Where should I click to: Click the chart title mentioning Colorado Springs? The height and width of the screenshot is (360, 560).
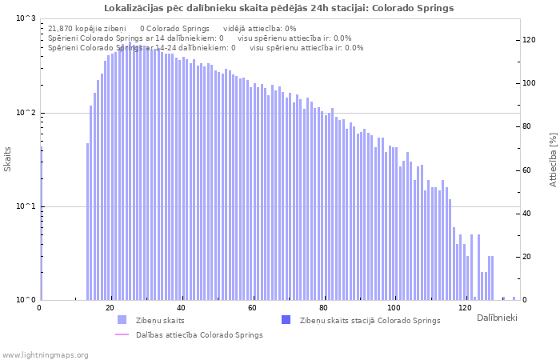tap(278, 8)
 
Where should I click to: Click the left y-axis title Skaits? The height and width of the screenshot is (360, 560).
tap(8, 159)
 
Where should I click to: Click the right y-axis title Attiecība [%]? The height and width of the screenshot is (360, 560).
tap(553, 159)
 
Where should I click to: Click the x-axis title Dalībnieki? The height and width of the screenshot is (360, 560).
tap(497, 318)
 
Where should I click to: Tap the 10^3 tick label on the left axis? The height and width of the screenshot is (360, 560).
tap(26, 18)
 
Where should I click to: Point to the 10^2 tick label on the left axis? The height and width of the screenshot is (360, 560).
tap(26, 113)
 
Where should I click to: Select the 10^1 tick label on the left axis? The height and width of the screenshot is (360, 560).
tap(26, 206)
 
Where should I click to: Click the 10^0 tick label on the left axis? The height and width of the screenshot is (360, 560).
tap(26, 300)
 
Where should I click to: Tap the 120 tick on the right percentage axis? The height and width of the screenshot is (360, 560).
tap(528, 40)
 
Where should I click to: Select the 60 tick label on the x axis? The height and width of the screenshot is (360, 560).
tap(252, 308)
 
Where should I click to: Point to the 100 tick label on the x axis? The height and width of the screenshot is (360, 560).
tap(394, 308)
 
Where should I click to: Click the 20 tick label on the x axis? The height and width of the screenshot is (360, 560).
tap(110, 308)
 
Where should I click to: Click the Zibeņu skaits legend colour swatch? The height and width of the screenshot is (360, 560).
tap(122, 320)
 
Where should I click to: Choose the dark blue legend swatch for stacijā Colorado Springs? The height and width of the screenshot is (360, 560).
tap(286, 320)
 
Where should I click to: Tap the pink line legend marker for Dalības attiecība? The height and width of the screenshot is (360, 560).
tap(122, 334)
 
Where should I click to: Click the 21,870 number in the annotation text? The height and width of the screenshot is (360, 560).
tap(62, 29)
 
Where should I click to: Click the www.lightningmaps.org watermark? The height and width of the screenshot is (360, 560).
tap(45, 354)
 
